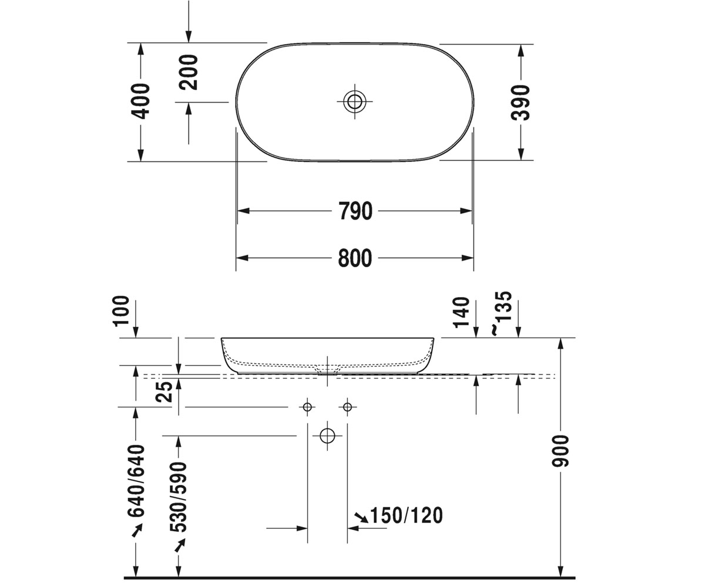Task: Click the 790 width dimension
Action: (x=355, y=211)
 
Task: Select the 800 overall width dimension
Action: (x=355, y=258)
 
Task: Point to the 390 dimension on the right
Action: (x=521, y=103)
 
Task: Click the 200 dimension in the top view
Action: (x=188, y=72)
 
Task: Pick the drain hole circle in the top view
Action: (x=354, y=101)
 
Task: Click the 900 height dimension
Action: (x=560, y=451)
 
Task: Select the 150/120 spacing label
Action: (x=407, y=515)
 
